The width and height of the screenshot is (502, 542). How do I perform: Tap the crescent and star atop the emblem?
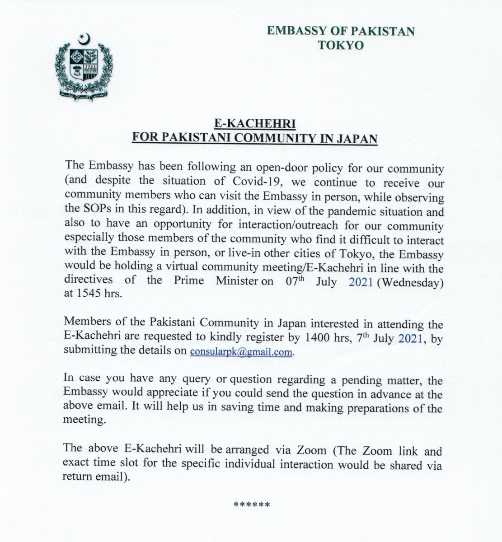pyautogui.click(x=84, y=39)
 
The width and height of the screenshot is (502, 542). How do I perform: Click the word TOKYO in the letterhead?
pyautogui.click(x=340, y=45)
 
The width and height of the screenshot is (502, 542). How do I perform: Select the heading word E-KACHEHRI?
pyautogui.click(x=254, y=124)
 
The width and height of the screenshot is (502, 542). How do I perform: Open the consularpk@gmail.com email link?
pyautogui.click(x=241, y=352)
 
